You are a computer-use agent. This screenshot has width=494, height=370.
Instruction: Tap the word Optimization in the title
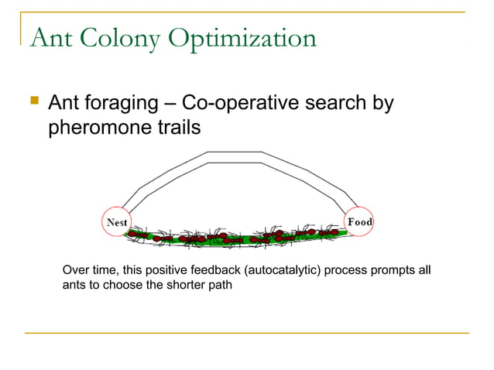point(245,38)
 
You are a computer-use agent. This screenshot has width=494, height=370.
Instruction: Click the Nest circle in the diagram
point(116,222)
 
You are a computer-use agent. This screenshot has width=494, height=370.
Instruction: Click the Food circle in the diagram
point(359,222)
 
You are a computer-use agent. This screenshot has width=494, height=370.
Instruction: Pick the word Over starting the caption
point(75,270)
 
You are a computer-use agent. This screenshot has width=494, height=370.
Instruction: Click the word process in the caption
point(356,270)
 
